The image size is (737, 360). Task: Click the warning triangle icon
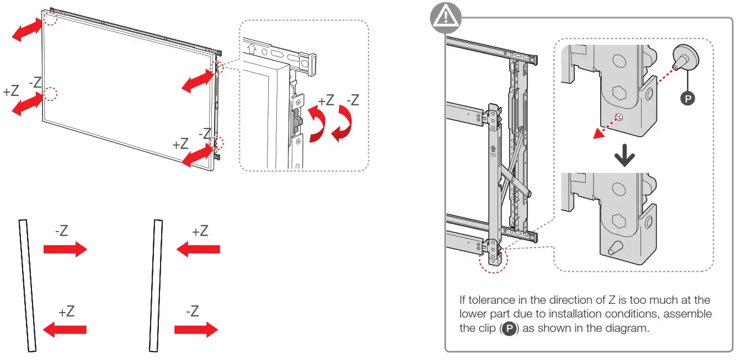tap(446, 18)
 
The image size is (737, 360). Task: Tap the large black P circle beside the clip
tap(687, 98)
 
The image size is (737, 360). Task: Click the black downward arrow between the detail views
tap(624, 158)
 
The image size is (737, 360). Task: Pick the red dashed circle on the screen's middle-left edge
tap(50, 94)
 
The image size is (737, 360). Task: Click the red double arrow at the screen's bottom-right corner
tap(197, 156)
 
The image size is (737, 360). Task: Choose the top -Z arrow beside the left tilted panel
tap(65, 250)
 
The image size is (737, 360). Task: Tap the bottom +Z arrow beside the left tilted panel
tap(65, 330)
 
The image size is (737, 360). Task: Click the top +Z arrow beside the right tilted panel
tap(198, 250)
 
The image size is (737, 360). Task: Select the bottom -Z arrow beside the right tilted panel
tap(196, 330)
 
